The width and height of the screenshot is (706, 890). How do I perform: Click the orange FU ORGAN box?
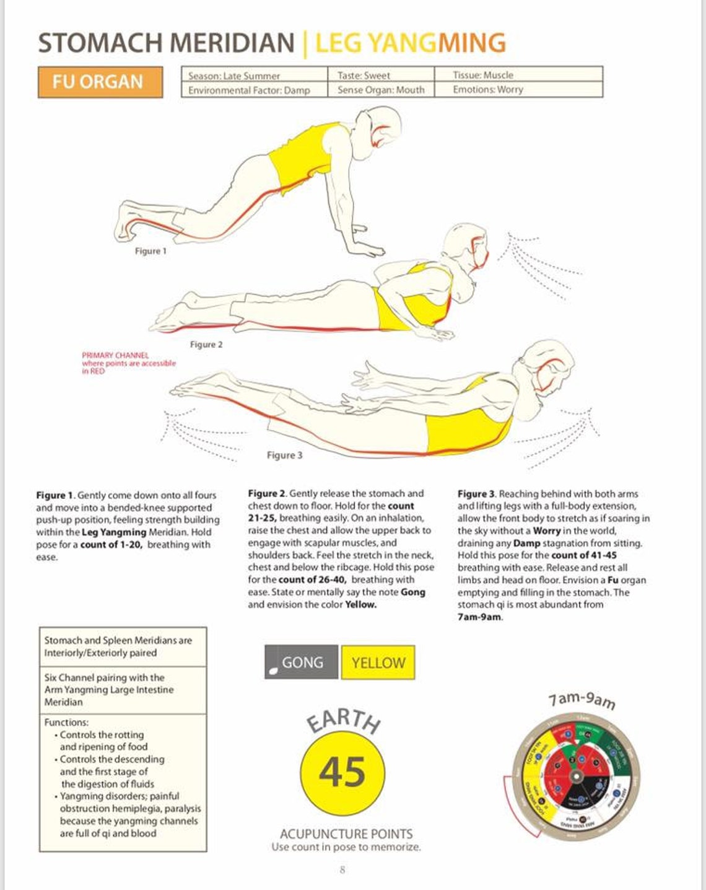(100, 82)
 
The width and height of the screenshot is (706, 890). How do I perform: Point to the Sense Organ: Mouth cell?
(380, 90)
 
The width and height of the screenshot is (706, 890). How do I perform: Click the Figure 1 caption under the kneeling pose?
(150, 251)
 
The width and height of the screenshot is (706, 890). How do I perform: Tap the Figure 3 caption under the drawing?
(284, 455)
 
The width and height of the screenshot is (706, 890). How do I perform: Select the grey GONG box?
(302, 662)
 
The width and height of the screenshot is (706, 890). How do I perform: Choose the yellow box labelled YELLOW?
(378, 663)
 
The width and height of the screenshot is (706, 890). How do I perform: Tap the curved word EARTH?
(344, 721)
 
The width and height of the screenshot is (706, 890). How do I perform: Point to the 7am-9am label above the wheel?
(582, 700)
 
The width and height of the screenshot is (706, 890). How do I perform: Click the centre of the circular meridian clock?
(575, 777)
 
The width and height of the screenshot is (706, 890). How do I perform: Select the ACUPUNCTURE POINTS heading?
(346, 834)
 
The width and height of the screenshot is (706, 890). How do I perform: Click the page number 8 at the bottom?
(342, 870)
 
